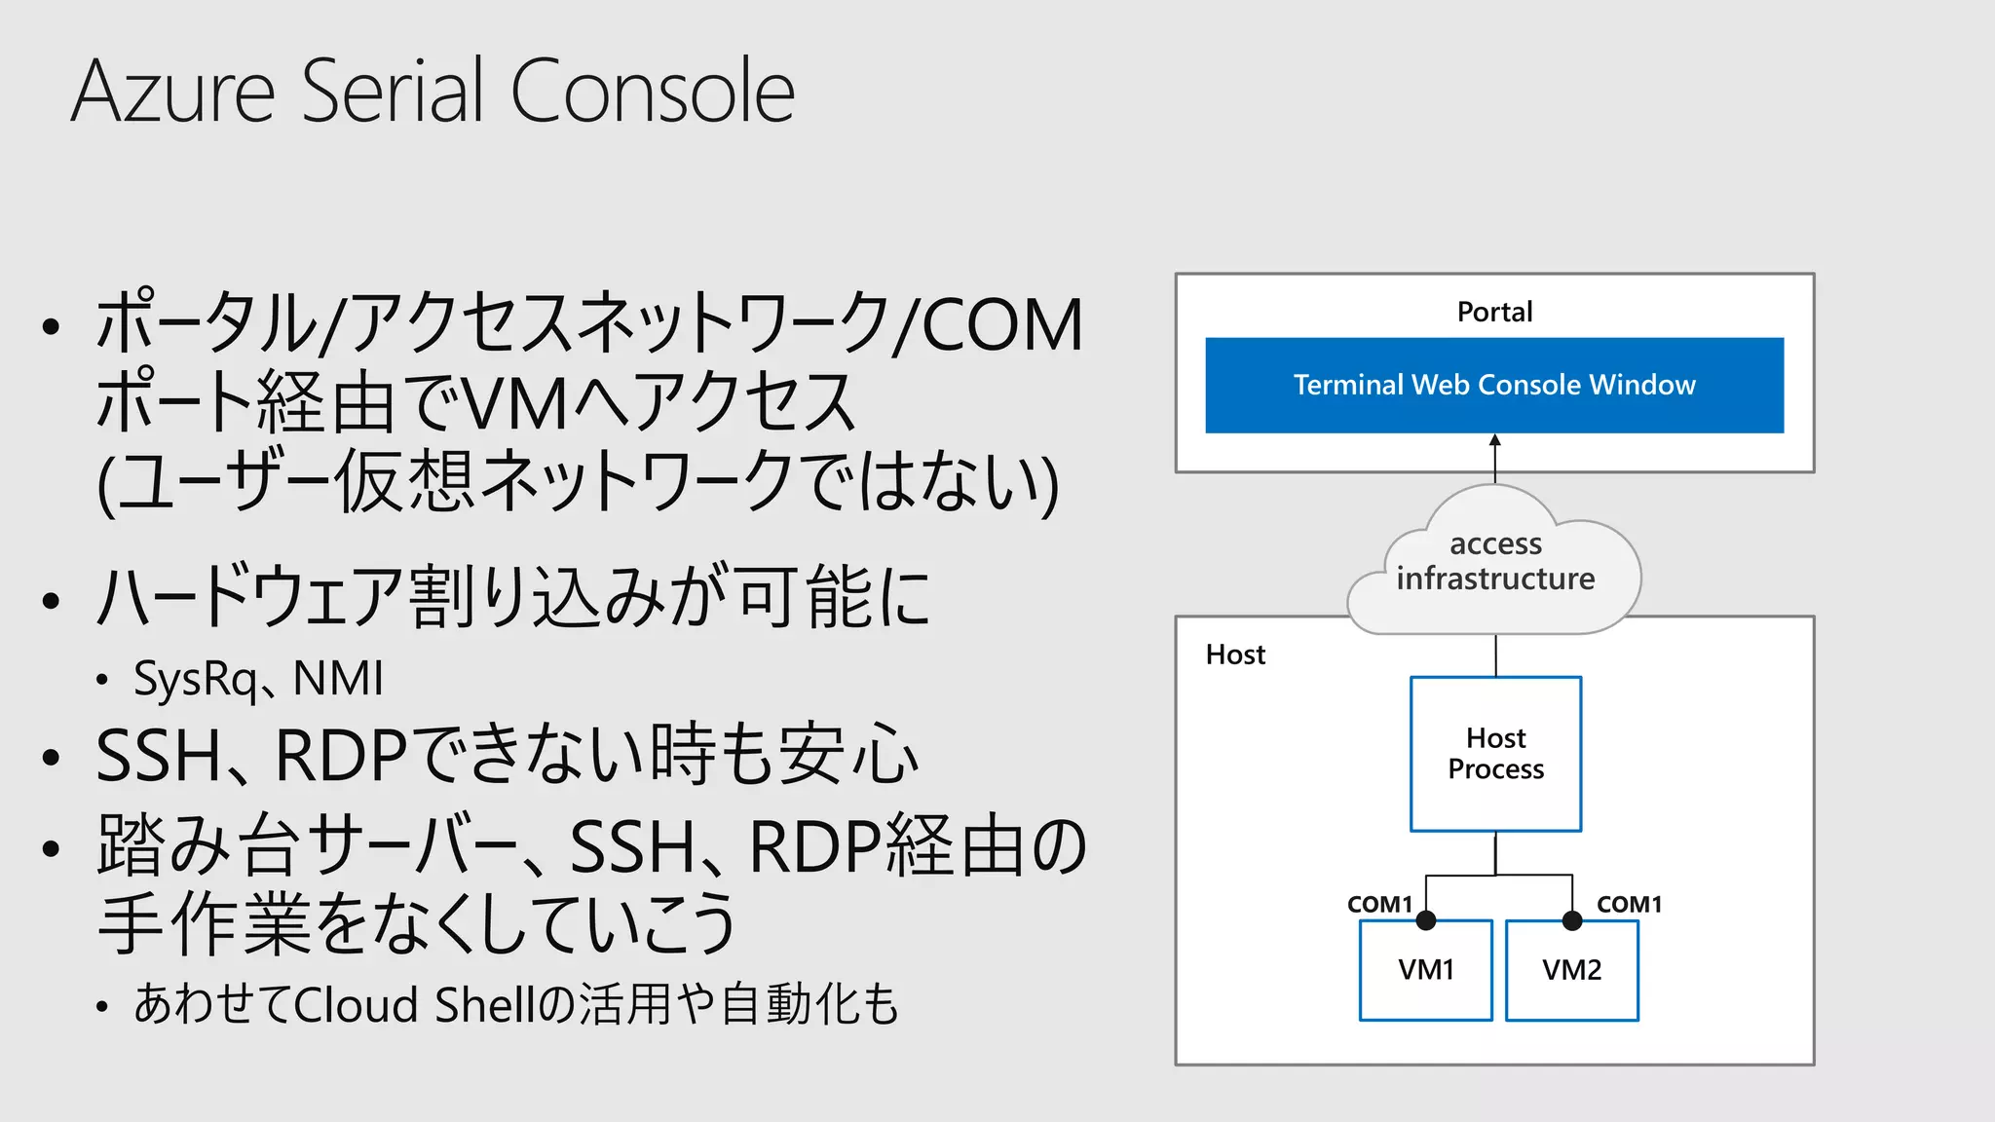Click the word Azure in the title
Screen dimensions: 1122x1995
click(173, 92)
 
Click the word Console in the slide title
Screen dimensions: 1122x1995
click(652, 92)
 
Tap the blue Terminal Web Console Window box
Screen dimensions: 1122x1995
click(1493, 385)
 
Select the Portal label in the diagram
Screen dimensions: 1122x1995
click(1493, 312)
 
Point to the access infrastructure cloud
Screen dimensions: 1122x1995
click(1494, 561)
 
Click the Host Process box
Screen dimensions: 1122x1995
click(1495, 753)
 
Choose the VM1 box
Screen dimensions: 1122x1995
click(1425, 970)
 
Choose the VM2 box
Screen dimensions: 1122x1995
click(1571, 970)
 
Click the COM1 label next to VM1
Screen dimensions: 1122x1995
click(1378, 904)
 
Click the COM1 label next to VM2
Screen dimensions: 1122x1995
click(1629, 904)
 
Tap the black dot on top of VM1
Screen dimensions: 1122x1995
click(1426, 920)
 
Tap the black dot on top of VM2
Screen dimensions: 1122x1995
click(1571, 920)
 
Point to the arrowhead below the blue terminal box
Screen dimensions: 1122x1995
click(1495, 441)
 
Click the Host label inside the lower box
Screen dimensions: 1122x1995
click(1234, 654)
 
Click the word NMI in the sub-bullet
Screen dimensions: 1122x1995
click(338, 679)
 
